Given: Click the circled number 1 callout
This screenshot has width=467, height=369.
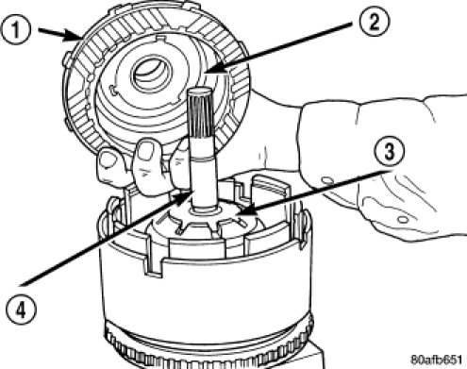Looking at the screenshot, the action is pos(16,30).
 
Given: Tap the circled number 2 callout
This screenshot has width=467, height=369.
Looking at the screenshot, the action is pos(375,23).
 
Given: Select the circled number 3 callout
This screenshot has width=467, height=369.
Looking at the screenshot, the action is pos(390,152).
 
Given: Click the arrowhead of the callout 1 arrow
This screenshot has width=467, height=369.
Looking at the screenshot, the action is pos(76,36).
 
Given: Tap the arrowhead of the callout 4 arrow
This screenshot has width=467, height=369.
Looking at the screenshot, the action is pos(184,198).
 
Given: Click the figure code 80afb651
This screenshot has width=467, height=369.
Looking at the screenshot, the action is pos(437,360).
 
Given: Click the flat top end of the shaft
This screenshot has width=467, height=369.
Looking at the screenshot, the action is pos(200,92).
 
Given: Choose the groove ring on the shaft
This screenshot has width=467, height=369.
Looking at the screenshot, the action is pos(202,159).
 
